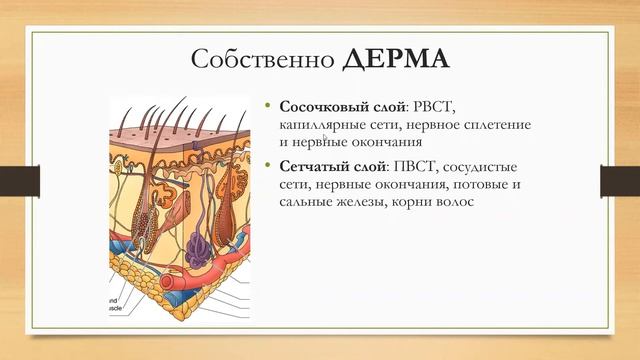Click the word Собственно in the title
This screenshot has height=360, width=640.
coord(261,57)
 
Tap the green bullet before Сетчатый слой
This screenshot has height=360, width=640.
coord(268,164)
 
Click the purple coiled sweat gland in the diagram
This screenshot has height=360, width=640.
coord(198,250)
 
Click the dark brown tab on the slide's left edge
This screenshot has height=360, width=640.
coord(14,180)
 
